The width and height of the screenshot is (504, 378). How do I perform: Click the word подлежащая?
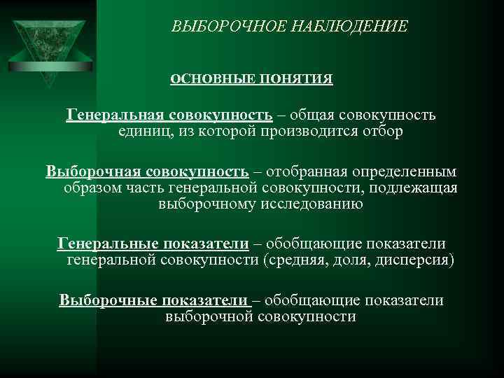416,188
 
